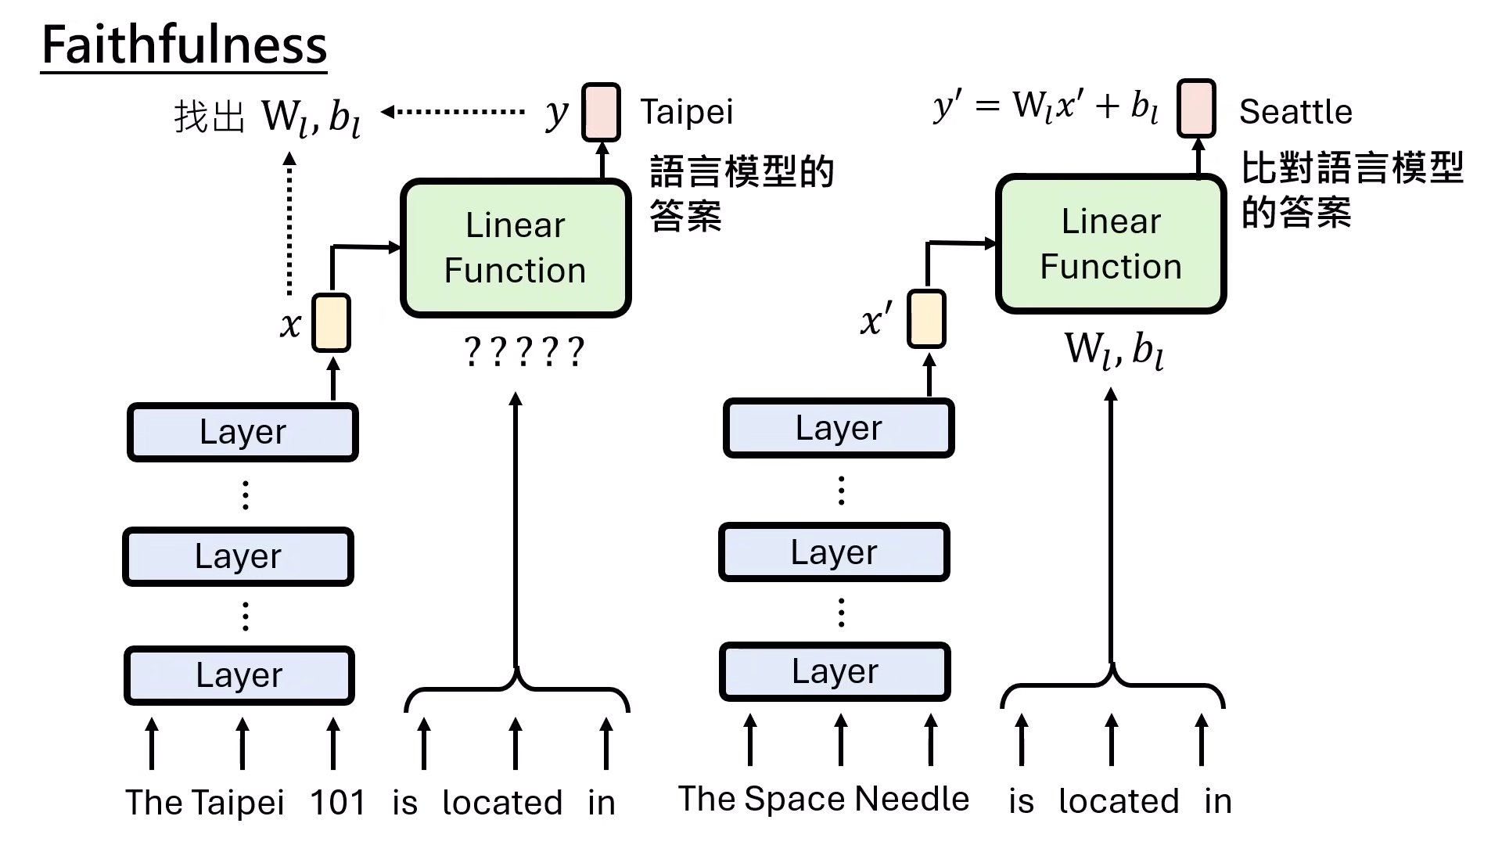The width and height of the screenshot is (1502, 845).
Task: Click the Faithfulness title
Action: pos(184,45)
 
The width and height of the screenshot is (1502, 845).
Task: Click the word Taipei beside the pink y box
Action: pos(687,112)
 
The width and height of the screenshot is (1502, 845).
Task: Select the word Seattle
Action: pos(1295,112)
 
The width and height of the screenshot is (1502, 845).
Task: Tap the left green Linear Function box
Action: pos(516,248)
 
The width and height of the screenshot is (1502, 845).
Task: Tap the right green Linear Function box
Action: pos(1111,244)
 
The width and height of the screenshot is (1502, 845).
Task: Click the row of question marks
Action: pos(523,352)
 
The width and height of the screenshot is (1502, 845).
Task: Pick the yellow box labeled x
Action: pos(331,322)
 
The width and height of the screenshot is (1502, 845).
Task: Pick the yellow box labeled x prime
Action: pos(926,318)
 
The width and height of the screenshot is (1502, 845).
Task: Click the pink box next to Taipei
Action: pos(601,112)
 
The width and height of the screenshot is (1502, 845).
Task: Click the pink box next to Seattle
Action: pos(1196,108)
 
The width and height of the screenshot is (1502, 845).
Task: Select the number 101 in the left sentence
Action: pos(337,803)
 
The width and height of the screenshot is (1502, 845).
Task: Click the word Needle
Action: pos(912,799)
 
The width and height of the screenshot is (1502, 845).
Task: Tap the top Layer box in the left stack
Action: pos(243,432)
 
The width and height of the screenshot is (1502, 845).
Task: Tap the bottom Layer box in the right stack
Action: pos(835,671)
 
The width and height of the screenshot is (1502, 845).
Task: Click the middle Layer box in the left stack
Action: pos(239,556)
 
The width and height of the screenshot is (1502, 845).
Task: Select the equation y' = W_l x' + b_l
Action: pos(1045,106)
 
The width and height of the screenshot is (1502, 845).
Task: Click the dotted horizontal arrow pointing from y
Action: pos(454,112)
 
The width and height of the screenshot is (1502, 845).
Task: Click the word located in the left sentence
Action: pos(502,803)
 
